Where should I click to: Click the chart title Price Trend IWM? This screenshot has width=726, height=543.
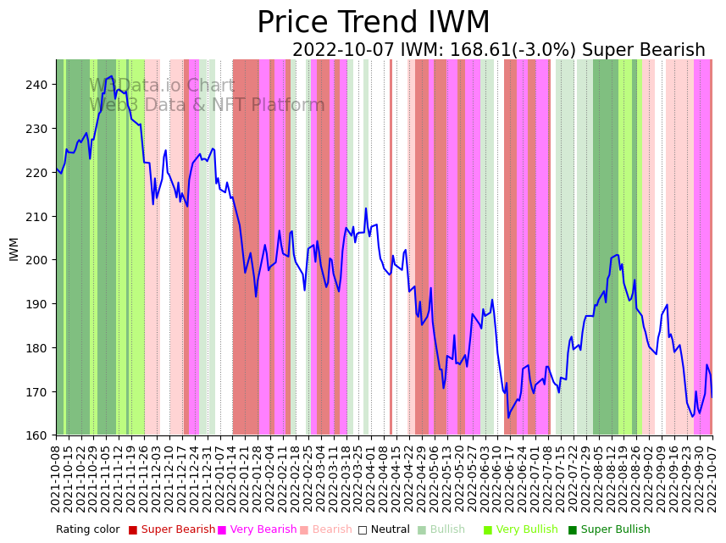pos(373,23)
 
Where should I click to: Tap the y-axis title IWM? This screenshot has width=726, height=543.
pos(14,248)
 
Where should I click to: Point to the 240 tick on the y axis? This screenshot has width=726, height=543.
pos(38,85)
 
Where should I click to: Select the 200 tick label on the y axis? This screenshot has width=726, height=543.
pos(38,260)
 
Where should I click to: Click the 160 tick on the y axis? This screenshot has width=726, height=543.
pos(38,435)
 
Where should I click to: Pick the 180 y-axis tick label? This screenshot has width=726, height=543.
pos(38,348)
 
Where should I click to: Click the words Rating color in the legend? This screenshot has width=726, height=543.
pos(88,529)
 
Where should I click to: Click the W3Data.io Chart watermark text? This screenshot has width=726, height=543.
pos(162,86)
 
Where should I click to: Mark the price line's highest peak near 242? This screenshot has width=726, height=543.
pos(112,76)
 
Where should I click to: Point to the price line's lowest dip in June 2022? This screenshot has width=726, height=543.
pos(509,417)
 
